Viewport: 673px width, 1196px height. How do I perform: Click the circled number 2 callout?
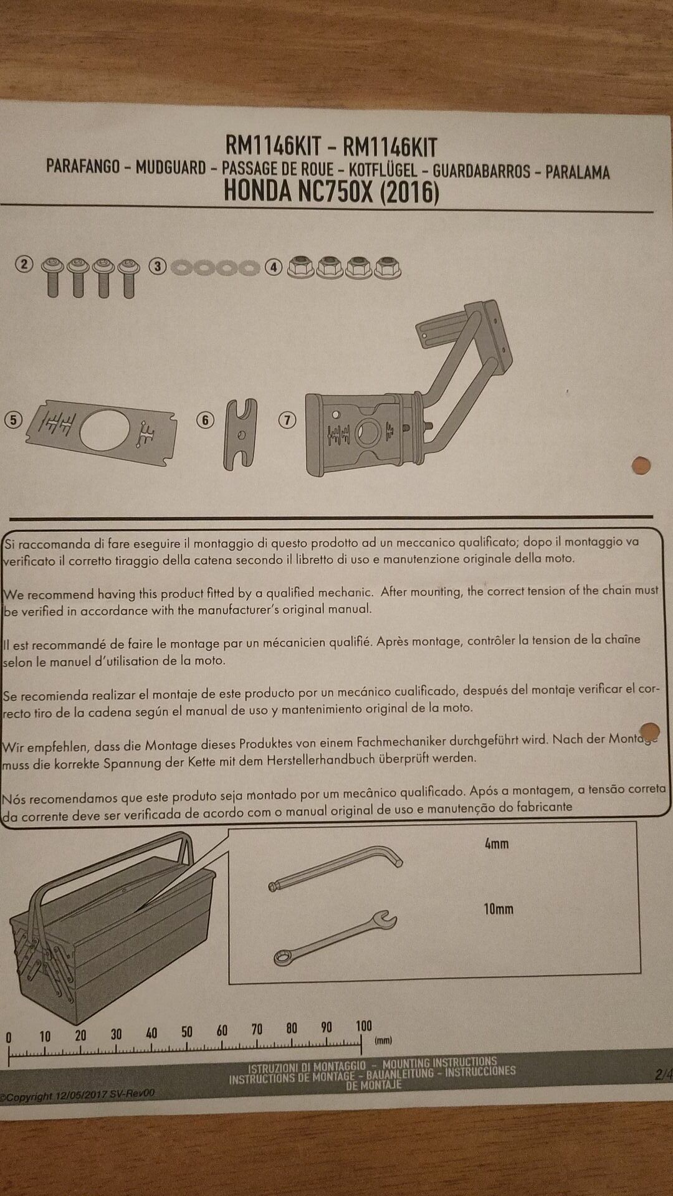click(x=24, y=265)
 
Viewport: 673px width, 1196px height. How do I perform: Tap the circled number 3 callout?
click(x=158, y=267)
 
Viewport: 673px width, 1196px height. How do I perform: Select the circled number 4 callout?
click(x=274, y=267)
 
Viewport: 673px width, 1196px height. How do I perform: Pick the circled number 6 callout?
click(x=206, y=420)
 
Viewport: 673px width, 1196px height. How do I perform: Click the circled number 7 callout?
click(x=287, y=420)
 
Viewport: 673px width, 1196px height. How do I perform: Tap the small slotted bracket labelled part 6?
click(x=240, y=434)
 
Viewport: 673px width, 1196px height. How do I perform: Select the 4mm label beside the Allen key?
click(x=497, y=844)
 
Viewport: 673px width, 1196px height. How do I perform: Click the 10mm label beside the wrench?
click(x=499, y=909)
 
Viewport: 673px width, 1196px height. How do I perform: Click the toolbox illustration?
click(x=112, y=928)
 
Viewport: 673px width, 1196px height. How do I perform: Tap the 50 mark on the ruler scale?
click(x=186, y=1032)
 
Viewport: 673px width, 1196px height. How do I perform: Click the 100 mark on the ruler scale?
click(x=363, y=1026)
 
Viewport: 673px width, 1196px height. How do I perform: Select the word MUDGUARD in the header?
click(x=171, y=168)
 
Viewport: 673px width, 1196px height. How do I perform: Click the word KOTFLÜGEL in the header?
click(x=383, y=170)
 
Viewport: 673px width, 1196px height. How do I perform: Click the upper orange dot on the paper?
click(x=641, y=465)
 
